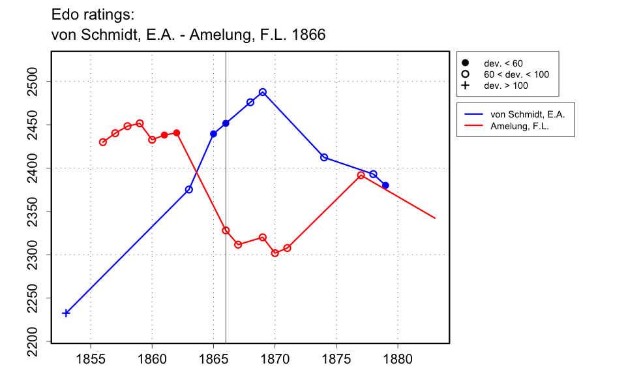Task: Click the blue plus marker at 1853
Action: tap(66, 313)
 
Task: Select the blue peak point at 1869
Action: tap(263, 92)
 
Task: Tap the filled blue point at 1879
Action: tap(385, 185)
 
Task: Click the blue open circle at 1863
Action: tap(189, 189)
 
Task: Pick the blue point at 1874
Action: tap(324, 157)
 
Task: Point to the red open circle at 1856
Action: tap(103, 142)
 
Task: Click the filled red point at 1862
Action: tap(177, 133)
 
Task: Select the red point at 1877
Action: tap(361, 176)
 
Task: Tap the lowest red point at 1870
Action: tap(275, 253)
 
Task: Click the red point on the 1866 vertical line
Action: tap(226, 230)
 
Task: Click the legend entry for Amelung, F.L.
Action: tap(519, 127)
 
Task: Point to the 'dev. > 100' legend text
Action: tap(505, 86)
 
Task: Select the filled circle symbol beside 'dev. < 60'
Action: tap(466, 63)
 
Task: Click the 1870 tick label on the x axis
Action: tap(275, 358)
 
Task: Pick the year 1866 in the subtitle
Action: tap(309, 35)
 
